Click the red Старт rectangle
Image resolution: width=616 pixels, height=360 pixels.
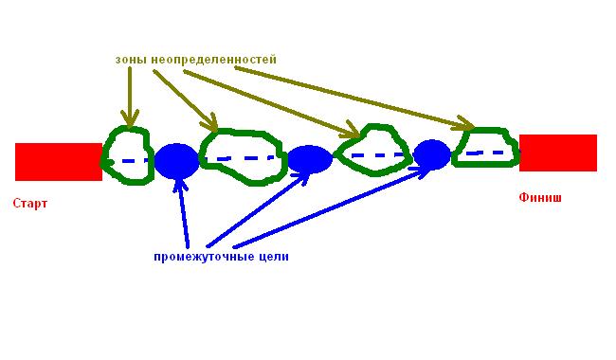point(59,162)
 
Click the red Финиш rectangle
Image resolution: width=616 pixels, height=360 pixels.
point(558,153)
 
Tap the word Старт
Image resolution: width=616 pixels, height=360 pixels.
point(30,204)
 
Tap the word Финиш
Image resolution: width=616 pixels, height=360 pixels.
point(540,197)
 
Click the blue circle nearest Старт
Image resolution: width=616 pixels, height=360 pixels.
point(177,161)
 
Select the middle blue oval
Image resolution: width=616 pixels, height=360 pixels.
point(310,159)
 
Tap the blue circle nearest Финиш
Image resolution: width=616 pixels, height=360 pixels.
point(432,154)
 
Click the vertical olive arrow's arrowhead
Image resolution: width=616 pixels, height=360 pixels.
point(130,119)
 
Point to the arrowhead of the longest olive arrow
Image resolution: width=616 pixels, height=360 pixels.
point(466,124)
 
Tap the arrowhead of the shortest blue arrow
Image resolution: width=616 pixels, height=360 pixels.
point(179,186)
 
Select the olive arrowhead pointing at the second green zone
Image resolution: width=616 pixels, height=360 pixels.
point(209,122)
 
